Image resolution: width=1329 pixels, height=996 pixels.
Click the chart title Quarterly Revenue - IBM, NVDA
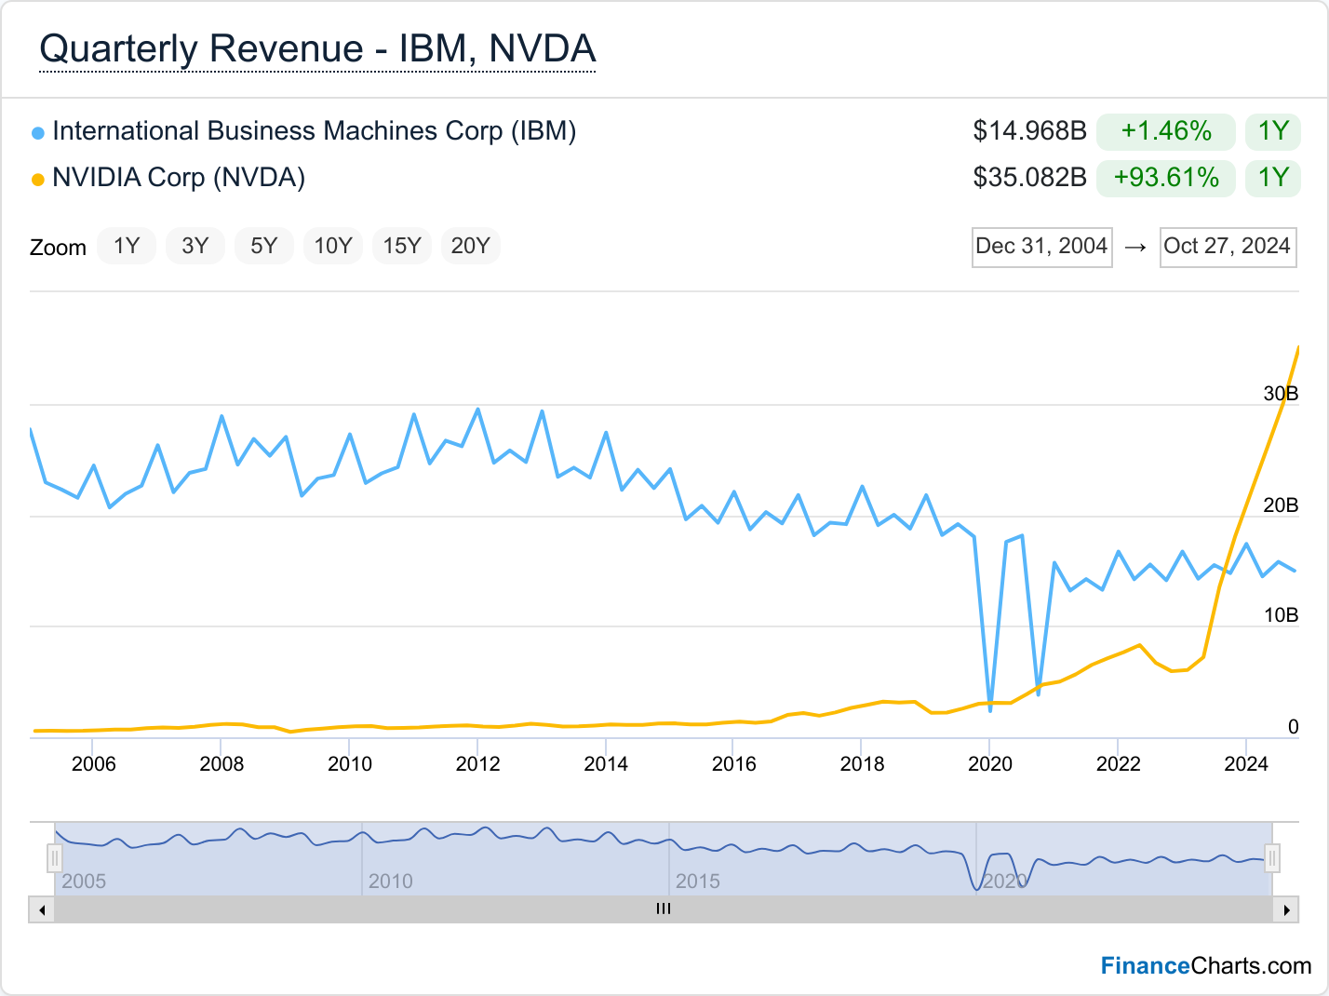[x=317, y=49]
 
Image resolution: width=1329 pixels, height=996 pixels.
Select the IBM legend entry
[x=314, y=131]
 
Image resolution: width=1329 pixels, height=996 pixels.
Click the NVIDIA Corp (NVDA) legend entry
[x=178, y=178]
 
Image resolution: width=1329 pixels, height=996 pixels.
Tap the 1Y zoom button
[x=127, y=246]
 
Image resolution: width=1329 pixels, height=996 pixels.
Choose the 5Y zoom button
[x=264, y=246]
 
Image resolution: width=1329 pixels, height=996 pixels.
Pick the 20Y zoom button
[x=470, y=246]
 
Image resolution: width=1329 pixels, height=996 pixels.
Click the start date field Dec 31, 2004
[x=1041, y=247]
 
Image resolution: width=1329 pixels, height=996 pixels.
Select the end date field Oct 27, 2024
[x=1228, y=247]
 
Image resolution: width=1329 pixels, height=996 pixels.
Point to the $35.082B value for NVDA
[x=1029, y=178]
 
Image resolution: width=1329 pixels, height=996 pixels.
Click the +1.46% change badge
[x=1166, y=131]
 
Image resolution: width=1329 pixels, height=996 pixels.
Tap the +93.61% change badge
[x=1166, y=178]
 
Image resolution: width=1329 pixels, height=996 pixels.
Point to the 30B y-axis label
[x=1281, y=394]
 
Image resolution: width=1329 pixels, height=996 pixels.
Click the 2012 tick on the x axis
[x=477, y=764]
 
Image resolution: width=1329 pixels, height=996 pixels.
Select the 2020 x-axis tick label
[x=990, y=764]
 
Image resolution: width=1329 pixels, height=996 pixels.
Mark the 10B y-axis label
[x=1281, y=615]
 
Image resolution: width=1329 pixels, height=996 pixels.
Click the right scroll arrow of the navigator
[x=1286, y=909]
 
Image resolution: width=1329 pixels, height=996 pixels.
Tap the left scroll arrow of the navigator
[x=42, y=909]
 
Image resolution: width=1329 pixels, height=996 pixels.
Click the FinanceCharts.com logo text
[x=1206, y=966]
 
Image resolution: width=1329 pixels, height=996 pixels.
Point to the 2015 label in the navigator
[x=698, y=882]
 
